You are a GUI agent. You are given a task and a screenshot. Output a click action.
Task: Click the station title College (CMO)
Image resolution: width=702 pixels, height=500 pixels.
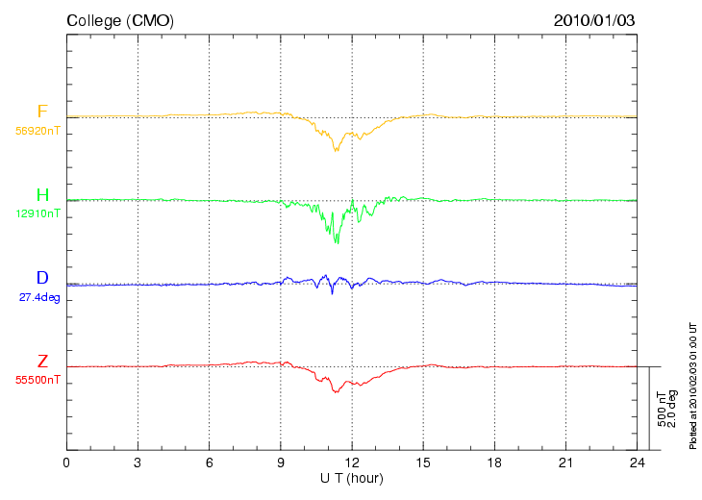(x=120, y=21)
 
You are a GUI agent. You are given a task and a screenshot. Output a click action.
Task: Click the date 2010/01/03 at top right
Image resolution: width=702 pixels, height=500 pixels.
(x=594, y=20)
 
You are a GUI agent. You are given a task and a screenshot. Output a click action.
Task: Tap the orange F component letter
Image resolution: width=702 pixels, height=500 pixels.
(x=42, y=111)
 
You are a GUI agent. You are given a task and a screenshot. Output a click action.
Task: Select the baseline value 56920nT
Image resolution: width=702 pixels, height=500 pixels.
(x=38, y=131)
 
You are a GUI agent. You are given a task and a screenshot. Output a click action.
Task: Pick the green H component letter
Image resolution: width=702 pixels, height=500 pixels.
(x=42, y=195)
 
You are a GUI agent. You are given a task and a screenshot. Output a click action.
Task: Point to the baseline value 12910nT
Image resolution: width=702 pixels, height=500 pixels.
(x=38, y=213)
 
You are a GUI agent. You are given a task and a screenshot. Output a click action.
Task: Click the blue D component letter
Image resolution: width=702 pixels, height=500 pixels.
(x=42, y=278)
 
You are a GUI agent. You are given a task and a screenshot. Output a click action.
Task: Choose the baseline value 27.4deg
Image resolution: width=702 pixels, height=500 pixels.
(x=39, y=297)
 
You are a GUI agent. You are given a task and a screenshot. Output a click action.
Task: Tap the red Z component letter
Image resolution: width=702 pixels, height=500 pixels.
(x=42, y=361)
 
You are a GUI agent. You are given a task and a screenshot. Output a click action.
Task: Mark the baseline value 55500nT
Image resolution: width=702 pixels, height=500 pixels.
(x=38, y=380)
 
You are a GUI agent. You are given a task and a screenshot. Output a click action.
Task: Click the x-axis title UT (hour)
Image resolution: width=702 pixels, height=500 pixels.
(x=352, y=478)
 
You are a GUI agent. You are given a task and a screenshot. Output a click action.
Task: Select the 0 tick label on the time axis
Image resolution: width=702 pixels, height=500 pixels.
(x=66, y=462)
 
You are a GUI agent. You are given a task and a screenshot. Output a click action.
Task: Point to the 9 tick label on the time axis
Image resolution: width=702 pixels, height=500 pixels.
(x=281, y=462)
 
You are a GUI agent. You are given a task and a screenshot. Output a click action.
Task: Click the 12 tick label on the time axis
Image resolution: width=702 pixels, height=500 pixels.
(x=352, y=462)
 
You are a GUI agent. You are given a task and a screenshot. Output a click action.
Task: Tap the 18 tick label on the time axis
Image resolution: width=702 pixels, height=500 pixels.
(x=494, y=462)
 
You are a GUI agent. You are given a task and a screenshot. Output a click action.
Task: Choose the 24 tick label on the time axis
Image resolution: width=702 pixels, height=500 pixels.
(x=637, y=462)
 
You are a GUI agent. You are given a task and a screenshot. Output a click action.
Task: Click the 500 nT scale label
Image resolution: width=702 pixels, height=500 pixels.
(x=662, y=409)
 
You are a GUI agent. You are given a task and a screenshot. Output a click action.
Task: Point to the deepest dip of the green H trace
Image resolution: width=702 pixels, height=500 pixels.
(x=337, y=243)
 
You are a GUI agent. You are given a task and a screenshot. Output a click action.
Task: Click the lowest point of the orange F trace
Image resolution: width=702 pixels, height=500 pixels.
(x=336, y=151)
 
